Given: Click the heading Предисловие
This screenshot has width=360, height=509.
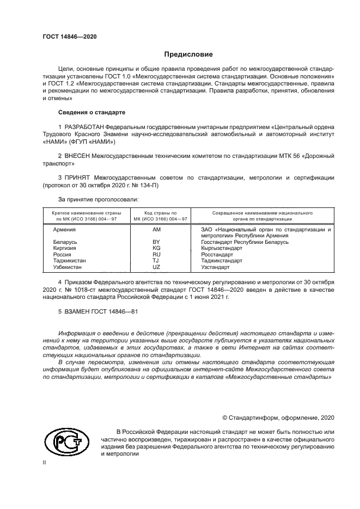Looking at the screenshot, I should [x=189, y=54].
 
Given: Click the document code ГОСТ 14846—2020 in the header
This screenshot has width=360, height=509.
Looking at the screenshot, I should [x=70, y=36].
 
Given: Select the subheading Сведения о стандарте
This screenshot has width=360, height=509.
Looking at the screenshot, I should [x=91, y=112].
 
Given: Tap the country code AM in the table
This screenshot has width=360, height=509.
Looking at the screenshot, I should [x=157, y=230].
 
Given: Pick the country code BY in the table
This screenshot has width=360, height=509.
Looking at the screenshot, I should [x=157, y=242].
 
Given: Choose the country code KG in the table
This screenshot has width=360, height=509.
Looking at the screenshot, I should [x=157, y=248].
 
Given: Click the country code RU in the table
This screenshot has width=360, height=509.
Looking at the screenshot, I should [x=157, y=254].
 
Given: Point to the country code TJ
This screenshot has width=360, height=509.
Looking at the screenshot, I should [x=157, y=261].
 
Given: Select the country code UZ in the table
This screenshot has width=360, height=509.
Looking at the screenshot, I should [x=157, y=267].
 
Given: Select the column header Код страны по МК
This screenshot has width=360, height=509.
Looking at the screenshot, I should [x=160, y=216].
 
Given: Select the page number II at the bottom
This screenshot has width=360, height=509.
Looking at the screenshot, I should [x=45, y=462].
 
